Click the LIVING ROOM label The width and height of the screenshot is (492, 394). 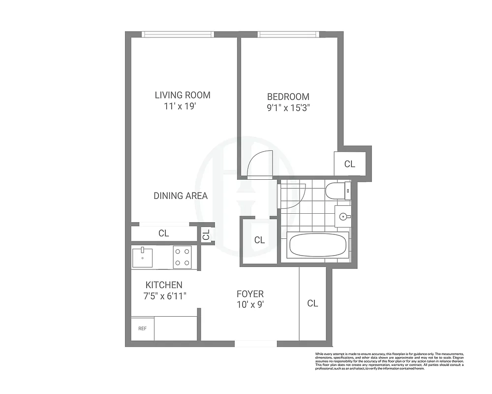point(183,95)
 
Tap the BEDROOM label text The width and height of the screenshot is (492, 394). point(288,97)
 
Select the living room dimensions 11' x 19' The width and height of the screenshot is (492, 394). point(183,107)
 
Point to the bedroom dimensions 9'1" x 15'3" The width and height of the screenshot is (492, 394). point(288,109)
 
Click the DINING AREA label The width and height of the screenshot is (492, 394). point(181,196)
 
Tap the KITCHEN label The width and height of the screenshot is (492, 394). point(164,285)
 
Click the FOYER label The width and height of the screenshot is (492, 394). point(250,294)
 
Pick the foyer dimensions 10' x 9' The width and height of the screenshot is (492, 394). point(250,305)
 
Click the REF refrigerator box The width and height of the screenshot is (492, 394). point(142,328)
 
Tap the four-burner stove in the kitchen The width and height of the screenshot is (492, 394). point(182,257)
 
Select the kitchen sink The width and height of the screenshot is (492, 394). point(142,257)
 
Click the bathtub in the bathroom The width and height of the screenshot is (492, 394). point(318,245)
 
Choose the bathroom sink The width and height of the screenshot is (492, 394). point(343,216)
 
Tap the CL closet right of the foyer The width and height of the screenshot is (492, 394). point(312,303)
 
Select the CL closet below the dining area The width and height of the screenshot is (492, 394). point(164,233)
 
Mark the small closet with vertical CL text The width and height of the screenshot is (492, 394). point(206,234)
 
